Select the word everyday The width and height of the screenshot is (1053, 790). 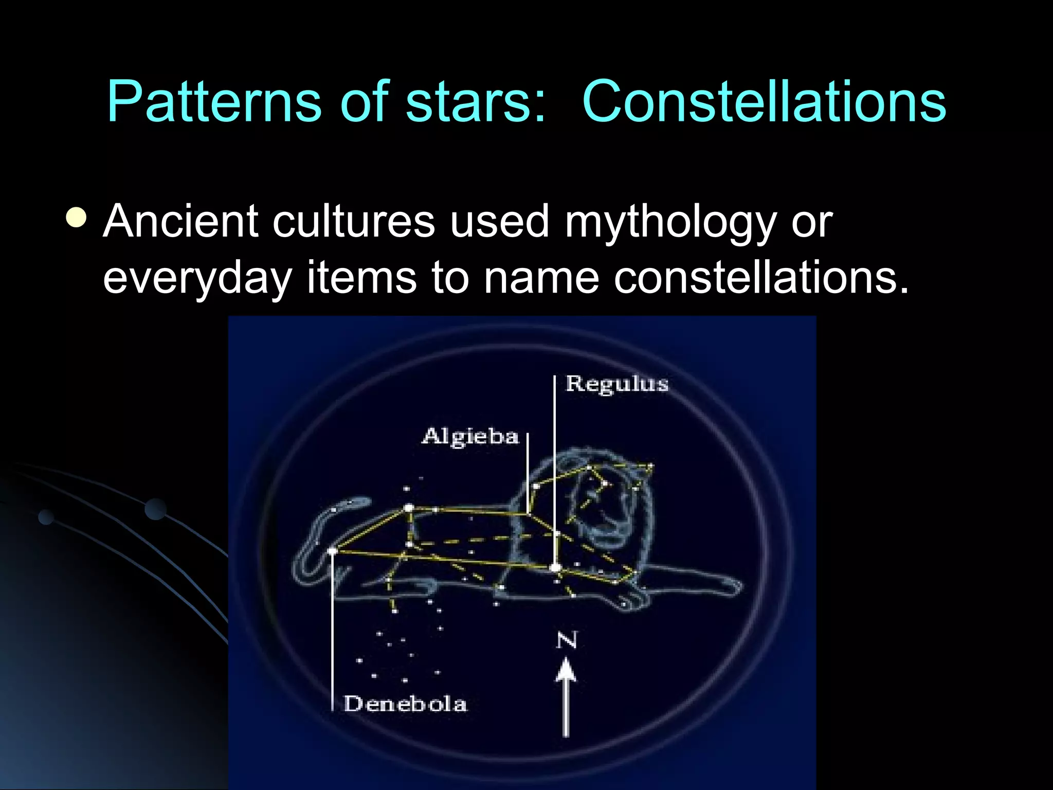[197, 278]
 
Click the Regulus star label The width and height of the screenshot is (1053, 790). [616, 384]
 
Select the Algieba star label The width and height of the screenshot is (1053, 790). [470, 436]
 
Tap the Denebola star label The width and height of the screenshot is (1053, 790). [405, 703]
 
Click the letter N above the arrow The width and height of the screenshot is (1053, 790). [566, 640]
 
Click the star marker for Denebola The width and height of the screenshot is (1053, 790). [332, 551]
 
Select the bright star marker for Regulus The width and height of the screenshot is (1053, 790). [555, 568]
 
